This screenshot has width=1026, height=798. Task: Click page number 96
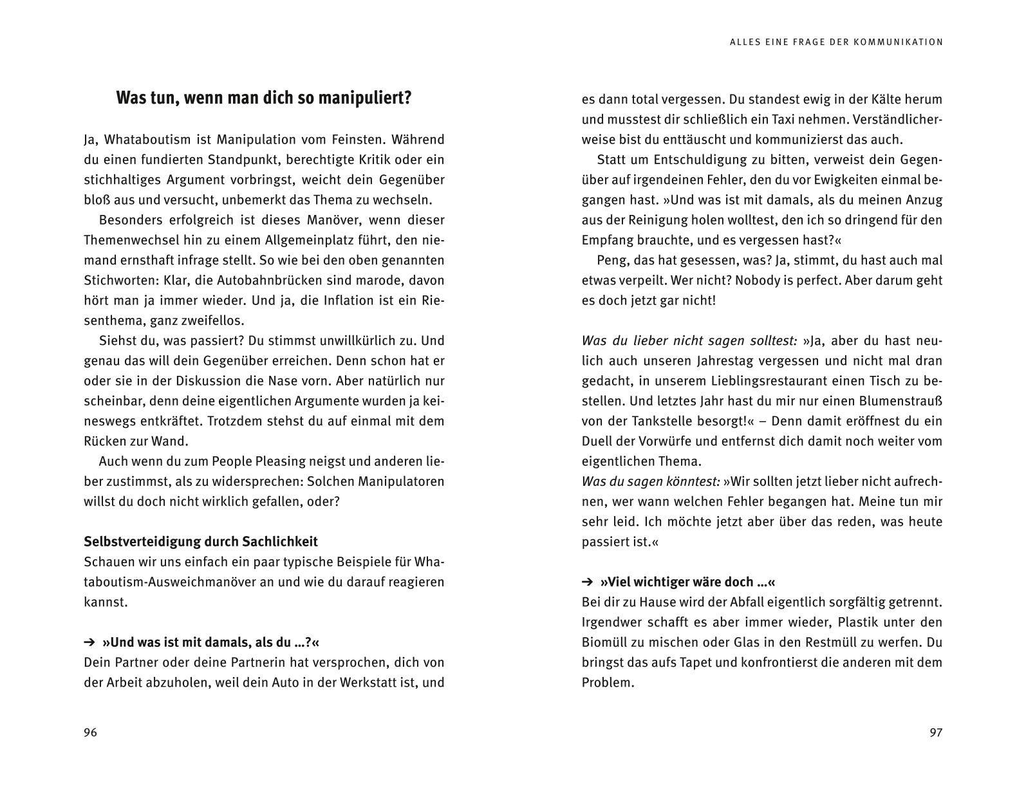(x=90, y=732)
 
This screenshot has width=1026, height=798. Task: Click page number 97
(x=936, y=732)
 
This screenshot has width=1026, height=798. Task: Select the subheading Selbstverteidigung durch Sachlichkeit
(x=201, y=542)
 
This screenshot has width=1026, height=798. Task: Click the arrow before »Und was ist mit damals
(x=89, y=642)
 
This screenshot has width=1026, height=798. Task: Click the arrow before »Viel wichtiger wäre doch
(x=587, y=582)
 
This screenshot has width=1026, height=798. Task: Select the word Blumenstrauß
(x=900, y=401)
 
